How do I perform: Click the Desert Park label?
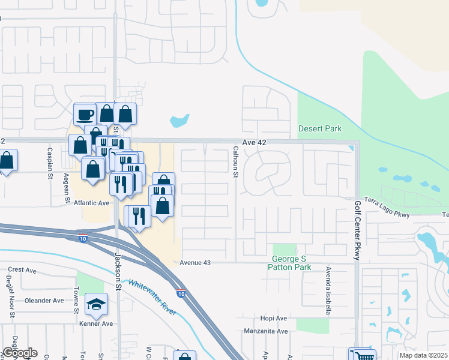click(320, 128)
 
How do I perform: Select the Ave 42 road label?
click(253, 142)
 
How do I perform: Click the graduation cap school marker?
click(96, 304)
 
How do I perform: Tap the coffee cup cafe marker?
click(84, 113)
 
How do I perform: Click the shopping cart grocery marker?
click(362, 356)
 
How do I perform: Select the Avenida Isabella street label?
click(328, 291)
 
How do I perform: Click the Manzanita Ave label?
click(266, 331)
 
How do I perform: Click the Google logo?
click(20, 353)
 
